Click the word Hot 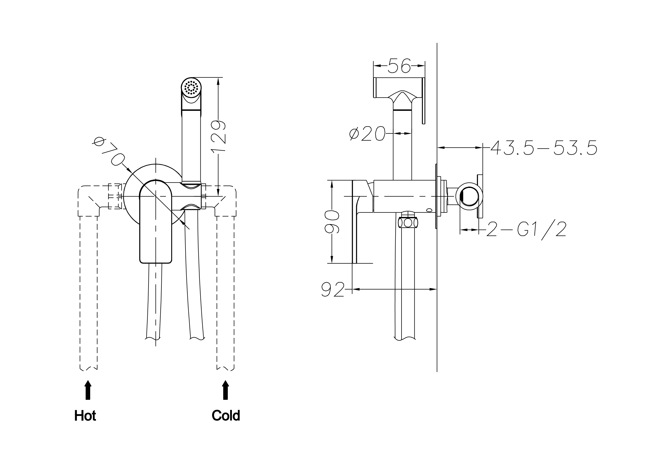coord(85,416)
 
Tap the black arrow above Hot coord(88,390)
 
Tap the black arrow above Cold coord(225,390)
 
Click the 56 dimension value coord(399,66)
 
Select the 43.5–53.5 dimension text coord(544,148)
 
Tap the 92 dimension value coord(333,290)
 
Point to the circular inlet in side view coord(469,197)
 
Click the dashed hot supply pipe coord(89,291)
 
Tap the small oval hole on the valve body coord(429,210)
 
